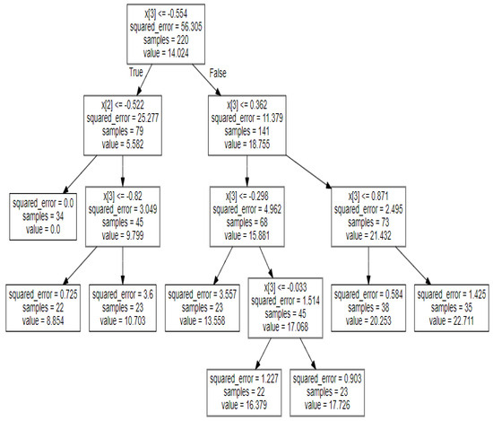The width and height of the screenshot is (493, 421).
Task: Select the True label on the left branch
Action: coord(136,71)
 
